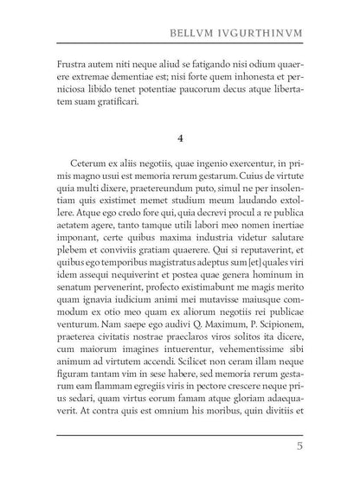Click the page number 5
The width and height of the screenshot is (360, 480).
point(298,447)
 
